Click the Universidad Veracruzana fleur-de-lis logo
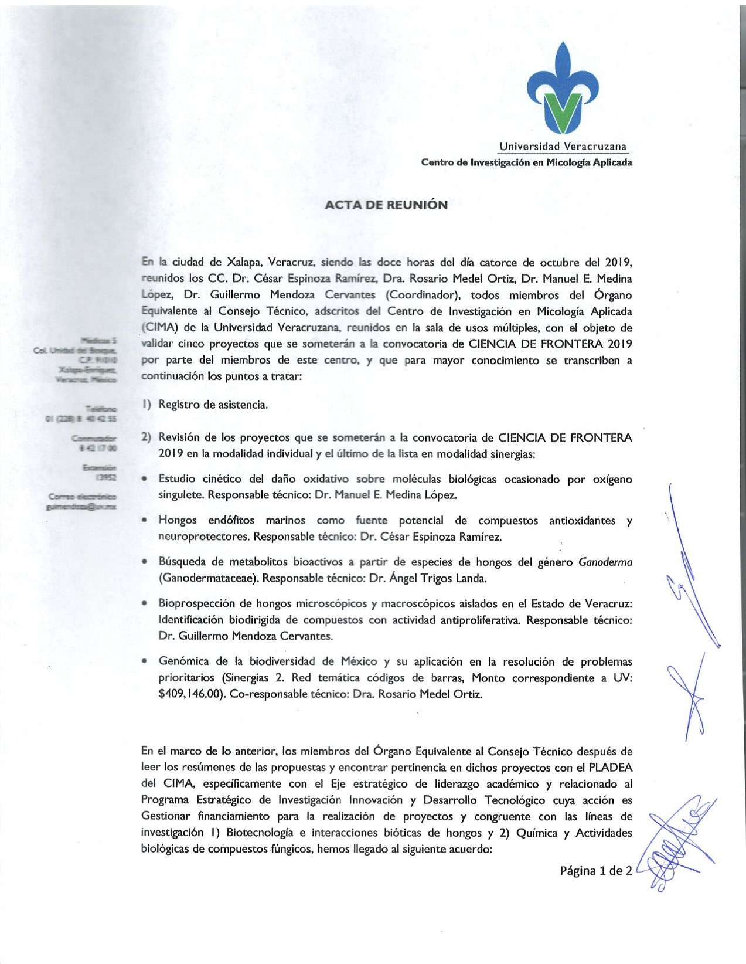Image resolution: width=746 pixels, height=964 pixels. tap(563, 88)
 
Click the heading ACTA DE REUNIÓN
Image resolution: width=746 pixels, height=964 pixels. tap(386, 205)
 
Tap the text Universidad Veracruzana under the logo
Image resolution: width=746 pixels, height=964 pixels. tap(563, 147)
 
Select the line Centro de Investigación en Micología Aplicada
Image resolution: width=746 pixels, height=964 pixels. tap(526, 162)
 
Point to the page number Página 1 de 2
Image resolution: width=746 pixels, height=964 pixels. tap(595, 871)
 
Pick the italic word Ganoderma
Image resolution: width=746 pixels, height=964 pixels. tap(605, 562)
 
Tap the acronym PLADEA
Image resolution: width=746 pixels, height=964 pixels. tap(610, 768)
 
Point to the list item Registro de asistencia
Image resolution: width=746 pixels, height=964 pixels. tap(213, 405)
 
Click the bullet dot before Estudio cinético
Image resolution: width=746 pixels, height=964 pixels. tap(144, 479)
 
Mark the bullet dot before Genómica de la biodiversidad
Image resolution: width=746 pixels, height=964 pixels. tap(144, 661)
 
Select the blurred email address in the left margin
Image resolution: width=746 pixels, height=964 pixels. tap(82, 506)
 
